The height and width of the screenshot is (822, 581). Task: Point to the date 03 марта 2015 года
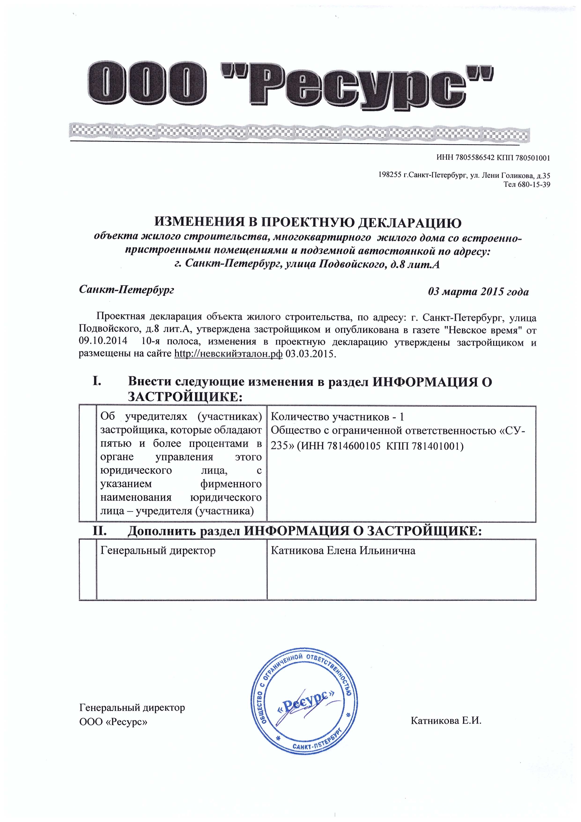click(478, 292)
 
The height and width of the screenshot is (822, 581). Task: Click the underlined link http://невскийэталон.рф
click(228, 354)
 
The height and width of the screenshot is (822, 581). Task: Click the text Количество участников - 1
click(337, 417)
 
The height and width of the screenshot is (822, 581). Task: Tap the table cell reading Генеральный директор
click(158, 550)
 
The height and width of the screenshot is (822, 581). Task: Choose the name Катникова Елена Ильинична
click(343, 550)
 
